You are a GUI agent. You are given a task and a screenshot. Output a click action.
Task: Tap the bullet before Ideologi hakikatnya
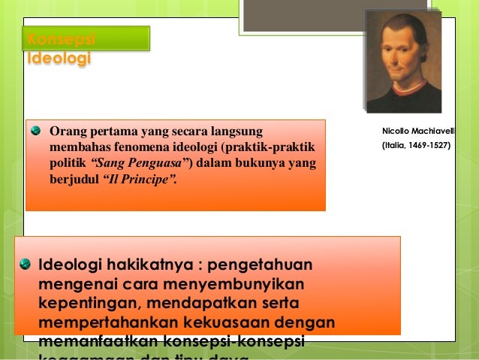pyautogui.click(x=26, y=265)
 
